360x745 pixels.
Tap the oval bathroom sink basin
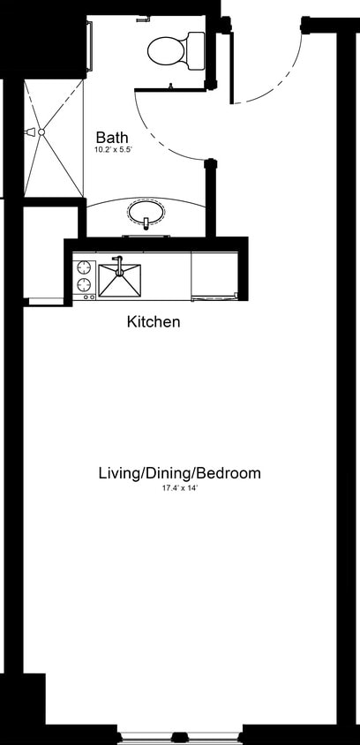click(x=146, y=213)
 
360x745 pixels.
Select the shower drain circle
click(x=41, y=132)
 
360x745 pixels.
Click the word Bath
click(x=112, y=138)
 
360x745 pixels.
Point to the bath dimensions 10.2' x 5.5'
click(x=112, y=150)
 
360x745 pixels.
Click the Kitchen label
click(x=154, y=322)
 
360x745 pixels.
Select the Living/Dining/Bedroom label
click(x=179, y=473)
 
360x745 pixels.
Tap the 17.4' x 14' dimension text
click(x=179, y=487)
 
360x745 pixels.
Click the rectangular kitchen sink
click(x=119, y=280)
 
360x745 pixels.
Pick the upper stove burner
click(x=85, y=267)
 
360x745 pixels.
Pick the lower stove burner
click(x=85, y=284)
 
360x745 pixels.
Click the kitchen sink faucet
click(x=116, y=263)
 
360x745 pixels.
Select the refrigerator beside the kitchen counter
click(x=214, y=276)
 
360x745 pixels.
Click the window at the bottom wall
click(x=179, y=734)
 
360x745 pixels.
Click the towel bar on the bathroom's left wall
click(x=89, y=44)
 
